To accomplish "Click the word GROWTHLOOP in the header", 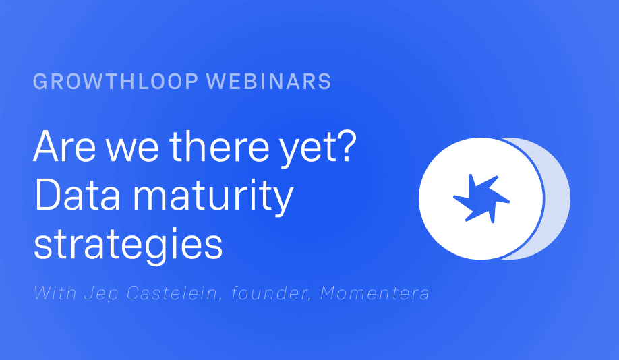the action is pyautogui.click(x=115, y=82).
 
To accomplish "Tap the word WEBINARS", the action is pyautogui.click(x=268, y=82).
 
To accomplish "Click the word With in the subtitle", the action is pyautogui.click(x=55, y=293).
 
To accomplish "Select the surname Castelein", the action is pyautogui.click(x=173, y=293).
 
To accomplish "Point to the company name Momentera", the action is pyautogui.click(x=375, y=293).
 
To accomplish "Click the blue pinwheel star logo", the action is pyautogui.click(x=481, y=199).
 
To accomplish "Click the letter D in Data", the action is pyautogui.click(x=47, y=194).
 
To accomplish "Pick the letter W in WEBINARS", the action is pyautogui.click(x=217, y=82).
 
